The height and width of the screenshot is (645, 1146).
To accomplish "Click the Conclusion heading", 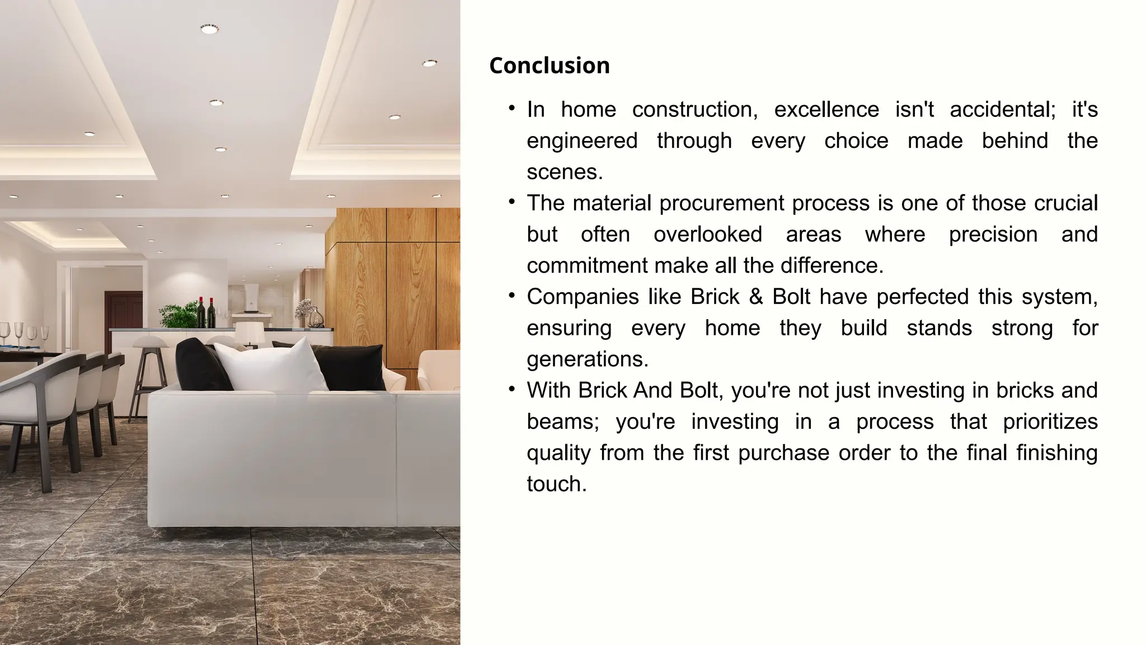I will (x=549, y=66).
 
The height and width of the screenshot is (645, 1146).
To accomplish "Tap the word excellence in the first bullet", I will (x=826, y=109).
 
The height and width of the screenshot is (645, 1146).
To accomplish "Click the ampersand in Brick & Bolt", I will (x=755, y=297).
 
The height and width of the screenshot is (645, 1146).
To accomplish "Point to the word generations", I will (x=587, y=359).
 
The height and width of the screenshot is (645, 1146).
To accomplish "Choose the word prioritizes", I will (x=1050, y=422).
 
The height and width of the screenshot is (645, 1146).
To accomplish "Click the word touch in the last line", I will (x=556, y=484).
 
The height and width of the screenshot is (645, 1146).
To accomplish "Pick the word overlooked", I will (x=707, y=234).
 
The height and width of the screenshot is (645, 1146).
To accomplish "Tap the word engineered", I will (x=582, y=141).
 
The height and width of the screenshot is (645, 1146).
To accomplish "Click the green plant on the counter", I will (x=178, y=316).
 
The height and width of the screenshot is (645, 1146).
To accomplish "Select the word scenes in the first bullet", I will (x=565, y=172).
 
